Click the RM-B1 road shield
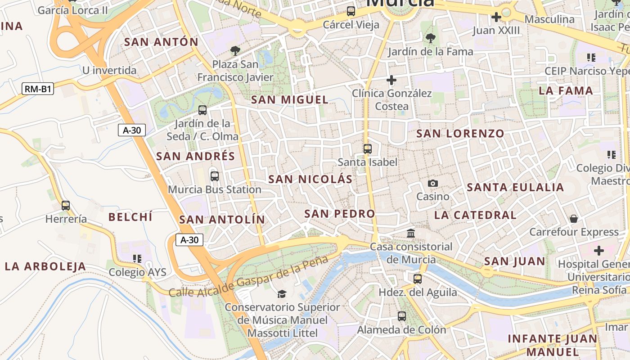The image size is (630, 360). pyautogui.click(x=38, y=89)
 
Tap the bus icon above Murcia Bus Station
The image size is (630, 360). pyautogui.click(x=215, y=176)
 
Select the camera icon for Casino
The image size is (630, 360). pyautogui.click(x=433, y=183)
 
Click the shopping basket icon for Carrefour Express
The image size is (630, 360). pyautogui.click(x=574, y=219)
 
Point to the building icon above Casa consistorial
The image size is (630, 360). pyautogui.click(x=411, y=233)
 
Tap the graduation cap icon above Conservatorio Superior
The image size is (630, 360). pyautogui.click(x=282, y=294)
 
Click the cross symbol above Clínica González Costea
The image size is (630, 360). pyautogui.click(x=391, y=80)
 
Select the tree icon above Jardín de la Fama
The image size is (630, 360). pyautogui.click(x=430, y=38)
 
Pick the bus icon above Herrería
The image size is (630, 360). pyautogui.click(x=66, y=206)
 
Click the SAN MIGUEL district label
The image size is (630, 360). pyautogui.click(x=290, y=100)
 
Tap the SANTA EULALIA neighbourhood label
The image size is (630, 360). pyautogui.click(x=515, y=187)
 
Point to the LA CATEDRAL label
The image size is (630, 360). pyautogui.click(x=475, y=215)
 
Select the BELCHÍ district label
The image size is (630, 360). pyautogui.click(x=130, y=217)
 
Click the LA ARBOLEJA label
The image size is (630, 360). pyautogui.click(x=45, y=266)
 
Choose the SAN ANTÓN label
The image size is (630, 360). pyautogui.click(x=161, y=42)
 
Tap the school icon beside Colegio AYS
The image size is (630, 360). pyautogui.click(x=137, y=258)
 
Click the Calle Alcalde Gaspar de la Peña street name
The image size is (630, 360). pyautogui.click(x=249, y=277)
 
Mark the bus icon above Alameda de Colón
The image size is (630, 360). pyautogui.click(x=402, y=316)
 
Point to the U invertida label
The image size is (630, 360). pyautogui.click(x=109, y=70)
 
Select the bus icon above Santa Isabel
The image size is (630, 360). pyautogui.click(x=368, y=148)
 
